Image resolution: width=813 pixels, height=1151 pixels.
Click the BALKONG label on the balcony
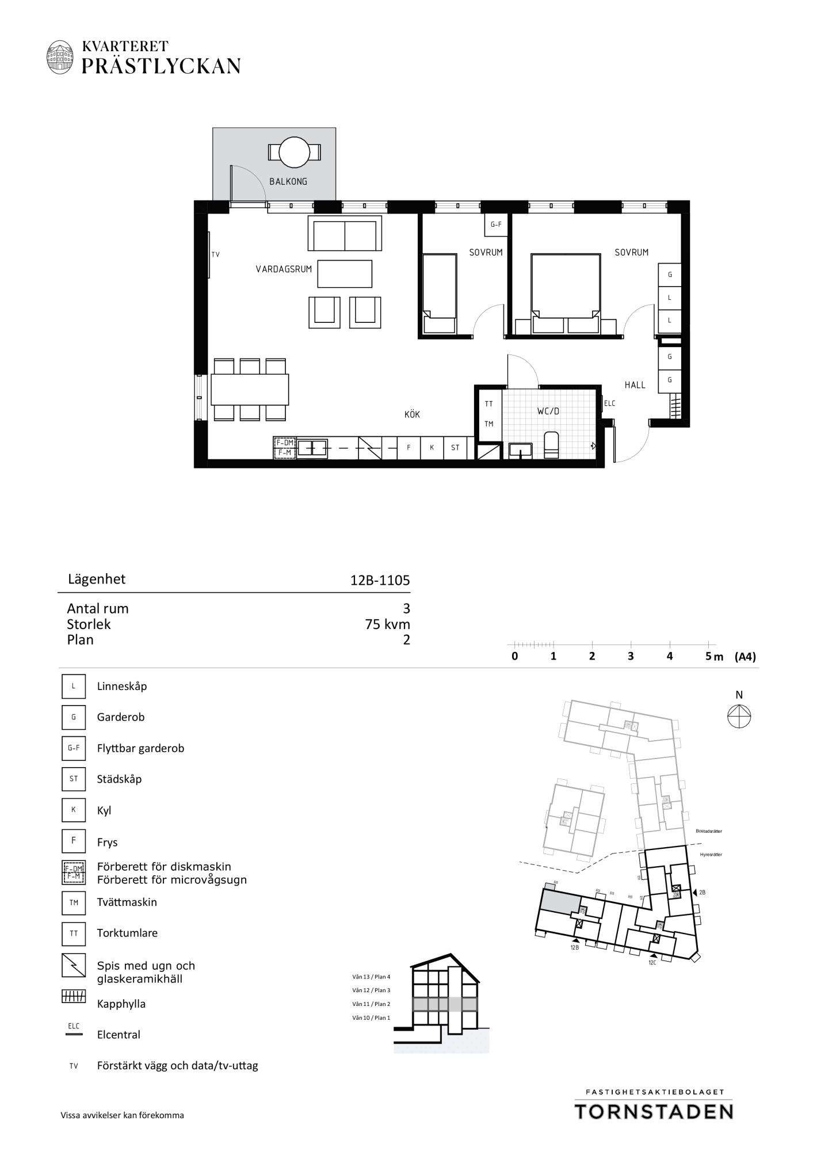[288, 181]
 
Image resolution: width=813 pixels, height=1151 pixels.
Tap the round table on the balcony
[295, 153]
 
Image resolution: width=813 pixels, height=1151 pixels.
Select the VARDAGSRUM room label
[284, 269]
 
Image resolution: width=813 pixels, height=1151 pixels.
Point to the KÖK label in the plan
[412, 414]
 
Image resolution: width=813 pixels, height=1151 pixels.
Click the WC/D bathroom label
[548, 411]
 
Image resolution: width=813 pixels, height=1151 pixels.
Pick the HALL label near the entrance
[635, 385]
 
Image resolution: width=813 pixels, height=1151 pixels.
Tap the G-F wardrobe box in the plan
[495, 224]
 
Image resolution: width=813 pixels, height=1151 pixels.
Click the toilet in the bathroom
[551, 445]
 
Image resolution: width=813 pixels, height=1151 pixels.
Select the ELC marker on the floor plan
[609, 403]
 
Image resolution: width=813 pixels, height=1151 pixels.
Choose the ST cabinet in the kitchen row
[455, 448]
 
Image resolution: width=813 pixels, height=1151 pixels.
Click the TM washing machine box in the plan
[489, 424]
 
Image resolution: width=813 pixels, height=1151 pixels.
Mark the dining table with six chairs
[250, 390]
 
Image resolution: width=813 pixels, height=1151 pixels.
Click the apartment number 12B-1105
[380, 580]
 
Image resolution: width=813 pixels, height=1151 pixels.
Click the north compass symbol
[739, 717]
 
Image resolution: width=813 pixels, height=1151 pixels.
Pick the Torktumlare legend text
[127, 933]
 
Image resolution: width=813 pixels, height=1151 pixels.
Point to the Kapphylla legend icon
[74, 996]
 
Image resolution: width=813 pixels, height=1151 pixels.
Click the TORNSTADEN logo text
[654, 1111]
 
